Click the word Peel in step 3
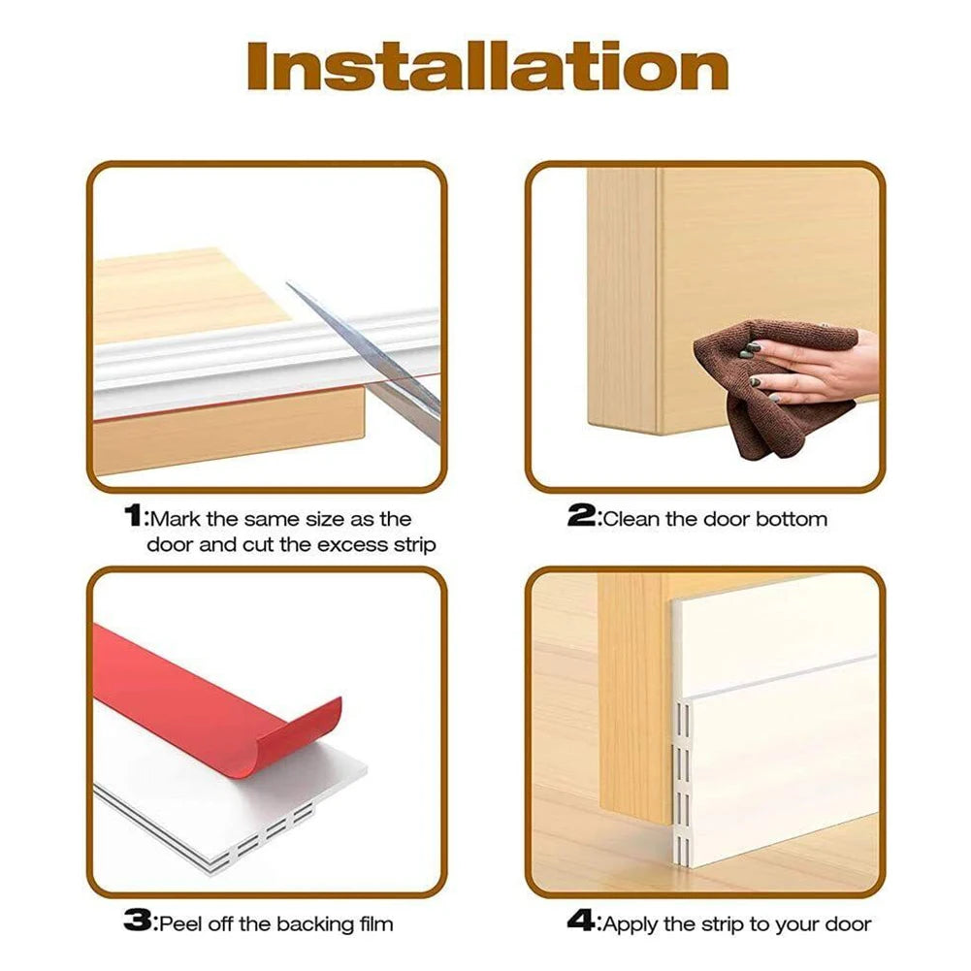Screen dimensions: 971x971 [x=178, y=923]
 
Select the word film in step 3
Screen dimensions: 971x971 [x=373, y=923]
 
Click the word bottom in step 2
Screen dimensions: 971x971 [x=793, y=519]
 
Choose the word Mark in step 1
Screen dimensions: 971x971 [x=174, y=519]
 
